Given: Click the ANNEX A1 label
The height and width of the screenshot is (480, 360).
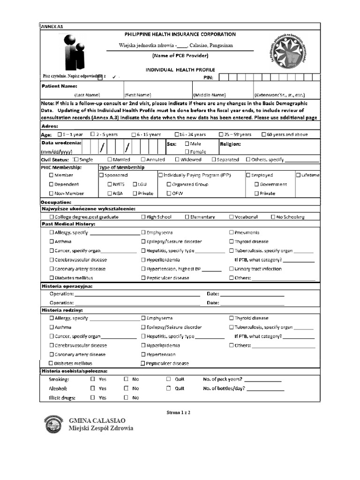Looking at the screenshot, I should tap(52, 27).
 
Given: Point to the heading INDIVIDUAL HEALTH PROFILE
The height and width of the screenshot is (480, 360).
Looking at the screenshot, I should tap(180, 69).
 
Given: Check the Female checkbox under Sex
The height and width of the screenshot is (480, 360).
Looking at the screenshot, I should tap(187, 152).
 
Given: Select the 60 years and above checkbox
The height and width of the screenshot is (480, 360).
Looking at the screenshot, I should tap(264, 135).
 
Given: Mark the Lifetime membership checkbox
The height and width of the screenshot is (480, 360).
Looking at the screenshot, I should tap(298, 175).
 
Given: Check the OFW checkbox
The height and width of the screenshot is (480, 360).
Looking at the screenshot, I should tap(169, 193).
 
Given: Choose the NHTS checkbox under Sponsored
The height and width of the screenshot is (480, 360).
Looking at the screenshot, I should tap(110, 184).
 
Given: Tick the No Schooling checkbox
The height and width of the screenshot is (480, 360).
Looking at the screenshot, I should tap(273, 217).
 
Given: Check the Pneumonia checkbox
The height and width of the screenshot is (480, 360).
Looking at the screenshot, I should tap(232, 232).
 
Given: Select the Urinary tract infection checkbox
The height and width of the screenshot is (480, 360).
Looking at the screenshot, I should tap(232, 269).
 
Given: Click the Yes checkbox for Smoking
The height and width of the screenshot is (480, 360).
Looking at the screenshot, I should tap(93, 379).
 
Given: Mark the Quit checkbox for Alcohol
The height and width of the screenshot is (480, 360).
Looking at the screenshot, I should tap(169, 388).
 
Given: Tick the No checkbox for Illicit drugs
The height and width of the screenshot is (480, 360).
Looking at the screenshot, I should tap(126, 397).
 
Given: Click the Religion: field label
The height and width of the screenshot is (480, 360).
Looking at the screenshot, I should tap(230, 144).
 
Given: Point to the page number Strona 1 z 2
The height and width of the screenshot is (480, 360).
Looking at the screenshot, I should tap(179, 413).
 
